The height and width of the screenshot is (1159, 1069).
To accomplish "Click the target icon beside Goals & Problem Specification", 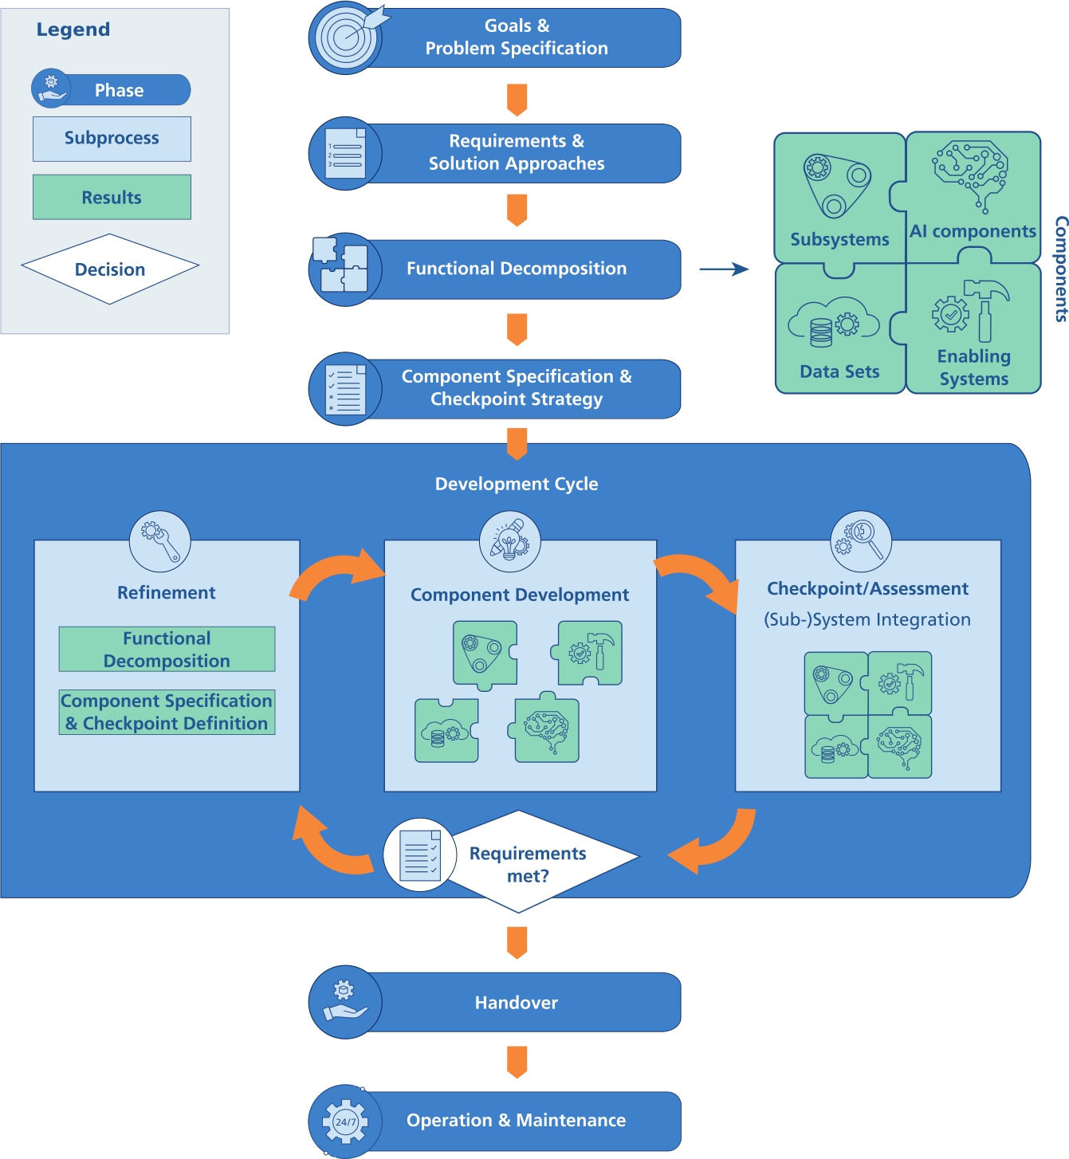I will (345, 37).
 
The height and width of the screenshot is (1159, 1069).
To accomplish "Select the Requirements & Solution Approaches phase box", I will (517, 152).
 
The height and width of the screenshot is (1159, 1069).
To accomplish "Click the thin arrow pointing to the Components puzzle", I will (723, 269).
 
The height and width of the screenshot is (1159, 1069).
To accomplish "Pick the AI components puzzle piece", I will (973, 196).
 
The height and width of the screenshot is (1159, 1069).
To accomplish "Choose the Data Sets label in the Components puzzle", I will (839, 371).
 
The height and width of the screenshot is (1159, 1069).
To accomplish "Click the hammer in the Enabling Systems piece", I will (986, 307).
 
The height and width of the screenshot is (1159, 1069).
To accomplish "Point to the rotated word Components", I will (1060, 269).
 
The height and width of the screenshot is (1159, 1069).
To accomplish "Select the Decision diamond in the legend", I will (110, 269).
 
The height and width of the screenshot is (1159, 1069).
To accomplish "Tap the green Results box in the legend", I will (112, 197).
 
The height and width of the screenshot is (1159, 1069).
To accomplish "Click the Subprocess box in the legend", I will (112, 139).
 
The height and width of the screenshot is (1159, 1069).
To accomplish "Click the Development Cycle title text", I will (517, 484).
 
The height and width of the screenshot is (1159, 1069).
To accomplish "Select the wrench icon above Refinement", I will (160, 541).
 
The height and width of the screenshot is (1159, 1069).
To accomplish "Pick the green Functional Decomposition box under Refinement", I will (167, 649).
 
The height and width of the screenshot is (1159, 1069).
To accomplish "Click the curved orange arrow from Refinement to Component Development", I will (335, 574).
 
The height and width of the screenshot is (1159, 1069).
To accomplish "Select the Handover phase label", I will (517, 1003).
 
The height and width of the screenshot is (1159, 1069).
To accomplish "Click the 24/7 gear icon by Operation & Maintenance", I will (345, 1122).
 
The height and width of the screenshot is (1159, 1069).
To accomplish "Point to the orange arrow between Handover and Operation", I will (517, 1062).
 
